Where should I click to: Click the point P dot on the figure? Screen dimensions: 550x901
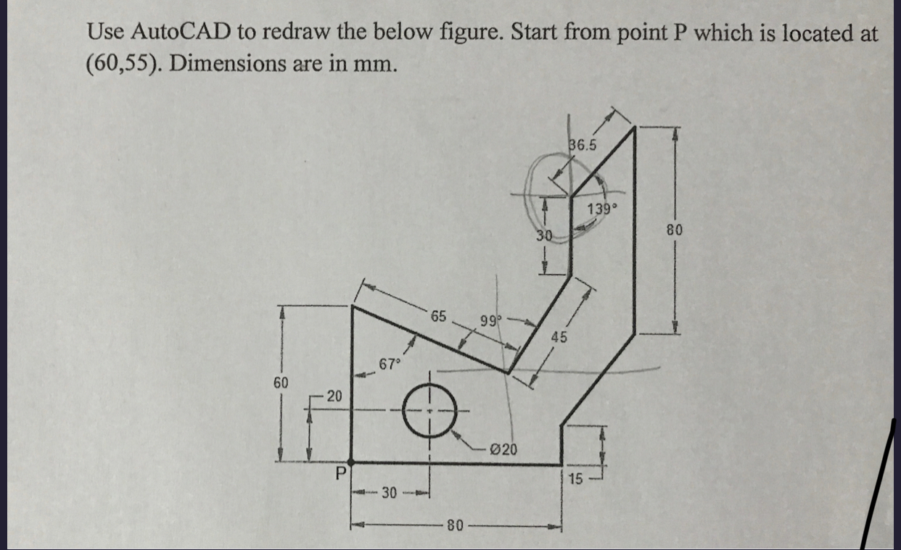click(352, 462)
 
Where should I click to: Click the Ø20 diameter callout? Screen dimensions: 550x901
click(503, 449)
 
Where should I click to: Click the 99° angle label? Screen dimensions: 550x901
click(488, 320)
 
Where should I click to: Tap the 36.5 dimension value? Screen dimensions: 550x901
click(583, 145)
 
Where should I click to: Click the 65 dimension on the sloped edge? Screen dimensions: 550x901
click(439, 316)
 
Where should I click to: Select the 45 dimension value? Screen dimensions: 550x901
click(559, 337)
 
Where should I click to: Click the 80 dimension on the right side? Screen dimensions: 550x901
click(675, 231)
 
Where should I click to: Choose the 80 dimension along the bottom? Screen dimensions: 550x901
click(454, 524)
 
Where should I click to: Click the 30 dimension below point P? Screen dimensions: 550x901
click(390, 493)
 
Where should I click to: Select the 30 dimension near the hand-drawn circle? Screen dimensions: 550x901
click(545, 236)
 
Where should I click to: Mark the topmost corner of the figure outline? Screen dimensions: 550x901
click(635, 128)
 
